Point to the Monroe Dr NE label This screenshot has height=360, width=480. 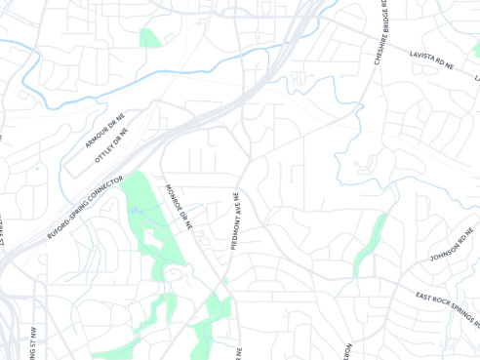(181, 206)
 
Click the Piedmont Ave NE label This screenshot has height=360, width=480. (235, 222)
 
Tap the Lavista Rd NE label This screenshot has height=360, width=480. (433, 61)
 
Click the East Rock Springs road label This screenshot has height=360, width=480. (446, 307)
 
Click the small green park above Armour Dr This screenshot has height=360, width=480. (149, 39)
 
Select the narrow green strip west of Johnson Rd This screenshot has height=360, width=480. (372, 242)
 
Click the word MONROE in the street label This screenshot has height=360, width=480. (176, 197)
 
